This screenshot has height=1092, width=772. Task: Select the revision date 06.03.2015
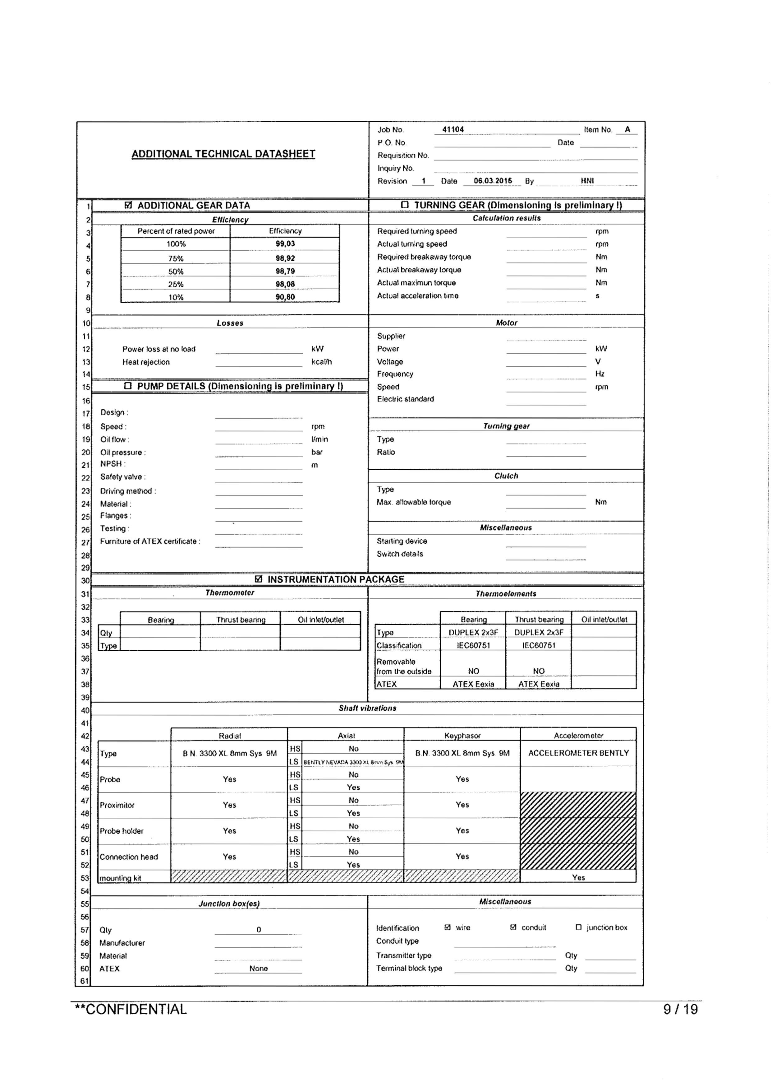click(493, 181)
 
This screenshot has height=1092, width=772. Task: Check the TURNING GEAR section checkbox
click(405, 205)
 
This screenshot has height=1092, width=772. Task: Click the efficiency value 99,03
click(285, 244)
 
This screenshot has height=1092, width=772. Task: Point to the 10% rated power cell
click(176, 297)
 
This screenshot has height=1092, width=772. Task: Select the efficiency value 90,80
click(285, 297)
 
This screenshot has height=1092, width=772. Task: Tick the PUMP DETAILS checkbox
click(128, 386)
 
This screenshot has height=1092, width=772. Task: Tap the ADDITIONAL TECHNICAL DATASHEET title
click(223, 154)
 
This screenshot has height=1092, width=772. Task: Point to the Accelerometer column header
click(578, 735)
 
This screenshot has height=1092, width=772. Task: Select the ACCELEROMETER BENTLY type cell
click(578, 753)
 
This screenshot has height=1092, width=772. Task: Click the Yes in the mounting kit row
click(578, 877)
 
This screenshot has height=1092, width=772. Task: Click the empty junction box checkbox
click(578, 927)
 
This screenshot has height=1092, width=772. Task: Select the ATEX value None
click(259, 968)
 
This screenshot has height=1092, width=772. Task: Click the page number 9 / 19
click(680, 1009)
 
